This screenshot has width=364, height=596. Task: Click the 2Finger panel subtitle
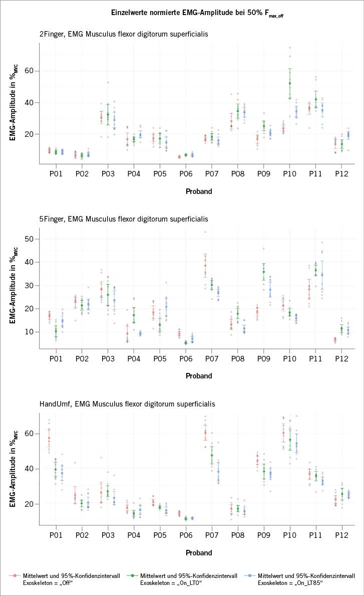pyautogui.click(x=124, y=34)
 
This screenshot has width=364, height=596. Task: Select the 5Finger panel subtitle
pyautogui.click(x=124, y=219)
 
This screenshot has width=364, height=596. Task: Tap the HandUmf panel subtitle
pyautogui.click(x=127, y=403)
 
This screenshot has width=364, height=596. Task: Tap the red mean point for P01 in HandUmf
pyautogui.click(x=49, y=438)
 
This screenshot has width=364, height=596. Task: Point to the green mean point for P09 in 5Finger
pyautogui.click(x=263, y=272)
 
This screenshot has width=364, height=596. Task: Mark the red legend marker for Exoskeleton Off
pyautogui.click(x=16, y=575)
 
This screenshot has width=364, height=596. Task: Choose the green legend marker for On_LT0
pyautogui.click(x=134, y=575)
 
